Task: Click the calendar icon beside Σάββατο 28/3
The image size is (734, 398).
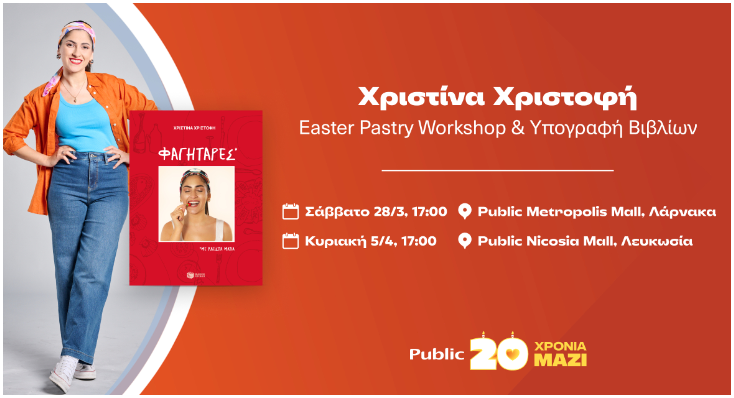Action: [290, 211]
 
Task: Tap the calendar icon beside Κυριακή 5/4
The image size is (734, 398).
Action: [290, 241]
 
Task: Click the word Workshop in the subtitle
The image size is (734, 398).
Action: [462, 128]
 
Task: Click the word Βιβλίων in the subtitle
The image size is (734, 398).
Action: [663, 128]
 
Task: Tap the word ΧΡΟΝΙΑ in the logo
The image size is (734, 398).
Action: [560, 346]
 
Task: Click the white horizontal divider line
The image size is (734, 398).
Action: [497, 171]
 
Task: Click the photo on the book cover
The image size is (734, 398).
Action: [196, 204]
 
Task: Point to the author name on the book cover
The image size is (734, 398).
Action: [194, 128]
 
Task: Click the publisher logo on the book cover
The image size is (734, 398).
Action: [196, 275]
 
